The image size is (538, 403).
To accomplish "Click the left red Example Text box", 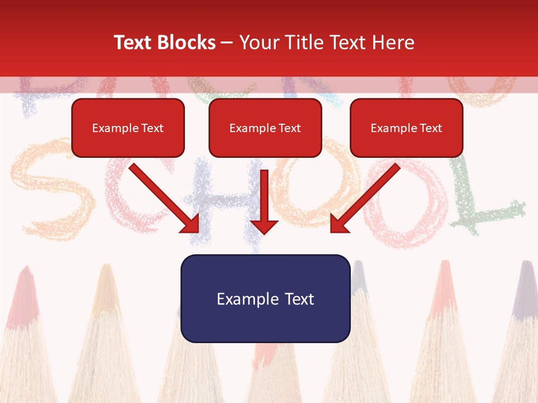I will tap(128, 128).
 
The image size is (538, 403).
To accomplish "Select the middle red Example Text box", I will tap(265, 128).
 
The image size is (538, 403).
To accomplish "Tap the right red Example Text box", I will tap(406, 128).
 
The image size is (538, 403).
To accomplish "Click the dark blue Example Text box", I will tap(265, 298).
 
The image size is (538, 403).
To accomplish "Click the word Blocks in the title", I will tap(185, 43).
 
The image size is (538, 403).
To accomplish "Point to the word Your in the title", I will tap(258, 43).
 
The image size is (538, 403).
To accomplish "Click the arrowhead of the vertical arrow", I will tap(264, 226).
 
